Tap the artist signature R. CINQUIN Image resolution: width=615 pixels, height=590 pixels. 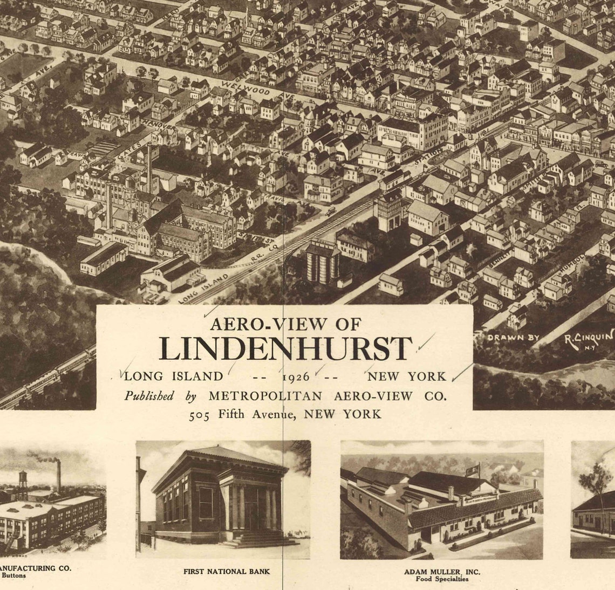(588, 338)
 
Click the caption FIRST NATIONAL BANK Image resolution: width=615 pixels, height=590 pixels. (227, 571)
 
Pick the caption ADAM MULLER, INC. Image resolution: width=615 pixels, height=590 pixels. (442, 571)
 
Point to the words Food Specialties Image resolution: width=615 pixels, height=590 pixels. (442, 579)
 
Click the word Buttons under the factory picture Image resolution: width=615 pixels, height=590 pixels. (13, 575)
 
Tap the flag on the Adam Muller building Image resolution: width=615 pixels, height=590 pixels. (475, 467)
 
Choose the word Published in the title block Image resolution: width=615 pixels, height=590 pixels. (149, 395)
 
